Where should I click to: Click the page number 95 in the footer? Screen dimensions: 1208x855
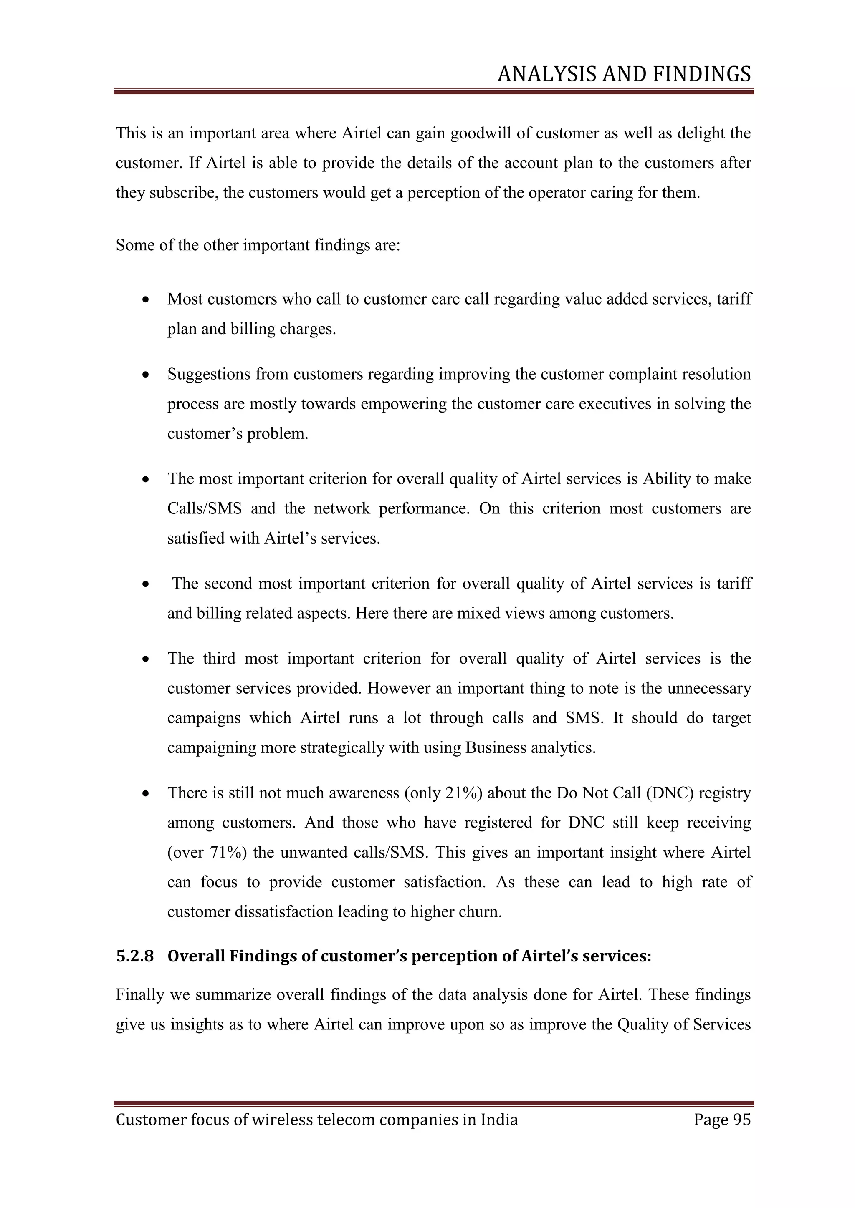coord(741,1119)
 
